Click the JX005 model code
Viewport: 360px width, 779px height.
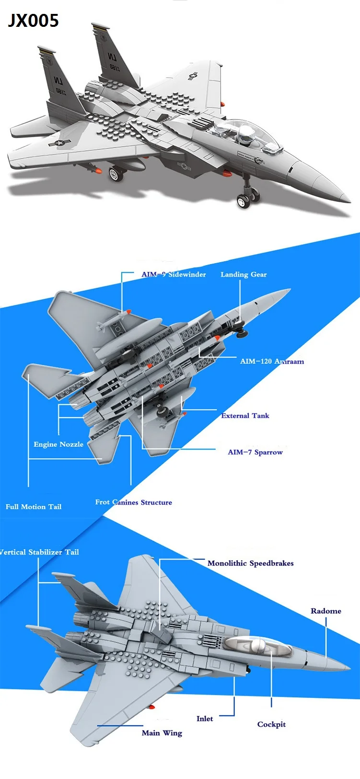coord(33,21)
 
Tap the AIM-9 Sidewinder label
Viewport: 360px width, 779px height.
coord(174,274)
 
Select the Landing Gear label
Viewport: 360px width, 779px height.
coord(244,274)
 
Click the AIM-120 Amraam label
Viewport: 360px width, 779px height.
coord(272,361)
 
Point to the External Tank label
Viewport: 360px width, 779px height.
coord(245,416)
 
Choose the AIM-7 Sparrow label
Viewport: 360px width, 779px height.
coord(255,452)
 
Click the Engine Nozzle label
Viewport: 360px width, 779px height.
coord(58,444)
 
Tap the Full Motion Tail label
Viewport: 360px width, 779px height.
coord(34,507)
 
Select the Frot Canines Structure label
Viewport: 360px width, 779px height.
coord(133,502)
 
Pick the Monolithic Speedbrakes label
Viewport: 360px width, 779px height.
coord(250,563)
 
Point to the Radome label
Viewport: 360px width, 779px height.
coord(326,611)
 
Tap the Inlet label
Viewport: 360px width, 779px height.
coord(205,718)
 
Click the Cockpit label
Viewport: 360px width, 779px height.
coord(271,724)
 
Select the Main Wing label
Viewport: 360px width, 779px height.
coord(162,733)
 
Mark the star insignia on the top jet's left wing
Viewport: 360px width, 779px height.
coord(59,142)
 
